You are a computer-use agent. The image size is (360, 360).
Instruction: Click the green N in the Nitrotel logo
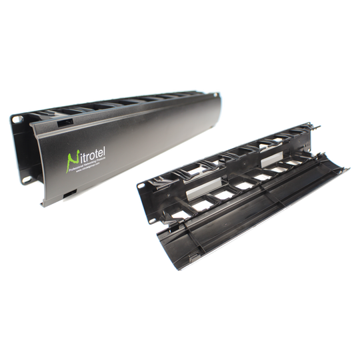pos(73,158)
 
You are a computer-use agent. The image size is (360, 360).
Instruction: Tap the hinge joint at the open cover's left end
pos(160,233)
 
